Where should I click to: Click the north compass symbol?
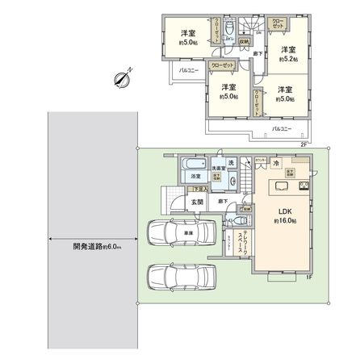pyautogui.click(x=123, y=78)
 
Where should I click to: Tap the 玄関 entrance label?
pyautogui.click(x=196, y=202)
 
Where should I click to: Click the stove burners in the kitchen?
pyautogui.click(x=303, y=187)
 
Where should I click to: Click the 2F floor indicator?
pyautogui.click(x=304, y=144)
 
